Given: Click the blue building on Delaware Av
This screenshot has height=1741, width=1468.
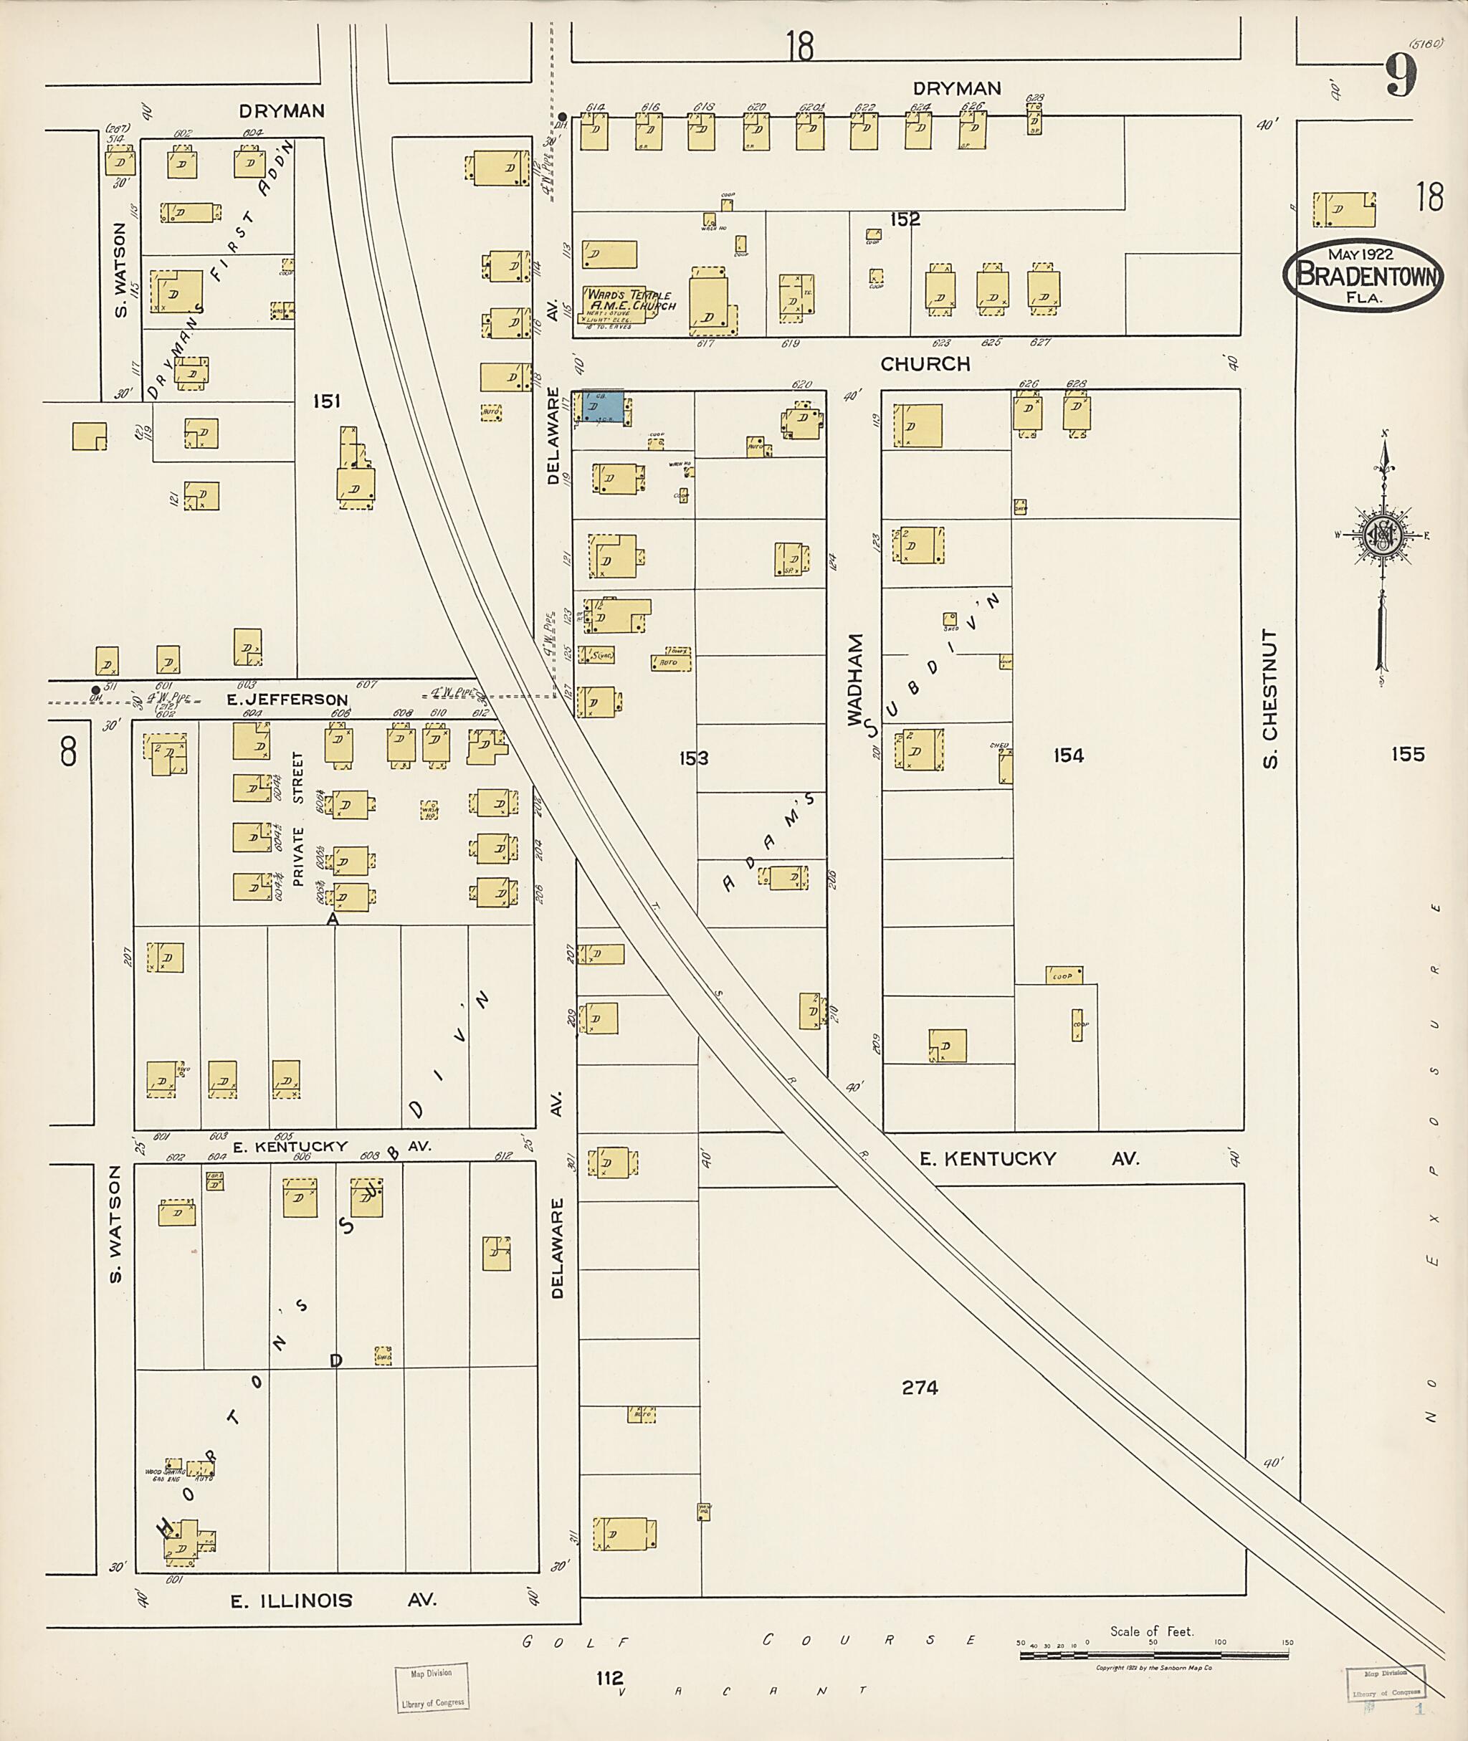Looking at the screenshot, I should (604, 407).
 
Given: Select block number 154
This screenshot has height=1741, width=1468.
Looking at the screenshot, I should (1068, 755).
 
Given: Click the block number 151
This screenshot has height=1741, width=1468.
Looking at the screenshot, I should (326, 402).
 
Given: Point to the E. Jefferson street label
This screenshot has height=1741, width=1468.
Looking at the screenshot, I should (287, 700).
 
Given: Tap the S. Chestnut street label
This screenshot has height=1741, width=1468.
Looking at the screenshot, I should (1269, 699).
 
